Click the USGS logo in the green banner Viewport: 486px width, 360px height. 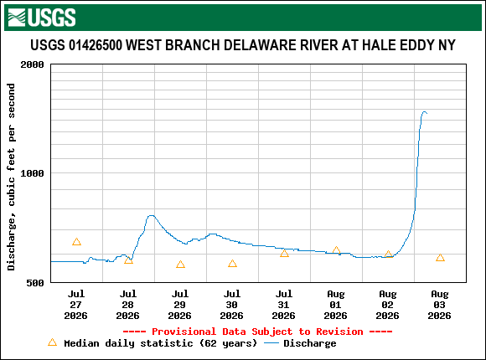[42, 18]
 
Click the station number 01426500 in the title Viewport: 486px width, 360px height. [96, 45]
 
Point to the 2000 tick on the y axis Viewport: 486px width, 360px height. [32, 64]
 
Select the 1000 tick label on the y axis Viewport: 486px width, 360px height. [32, 173]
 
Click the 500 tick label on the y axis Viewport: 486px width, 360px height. [35, 282]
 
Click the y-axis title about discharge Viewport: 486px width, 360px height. [11, 177]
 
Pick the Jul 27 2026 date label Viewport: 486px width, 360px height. [76, 305]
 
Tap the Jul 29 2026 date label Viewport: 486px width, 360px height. [180, 305]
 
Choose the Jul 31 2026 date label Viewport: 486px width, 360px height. [283, 305]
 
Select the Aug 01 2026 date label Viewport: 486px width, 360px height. [336, 305]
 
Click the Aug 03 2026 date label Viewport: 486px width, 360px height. [440, 305]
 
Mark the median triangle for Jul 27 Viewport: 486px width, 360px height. [76, 242]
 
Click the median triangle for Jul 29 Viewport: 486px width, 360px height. [180, 265]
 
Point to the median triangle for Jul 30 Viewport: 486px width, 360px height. [232, 264]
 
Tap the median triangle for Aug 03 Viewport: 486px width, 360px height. [440, 258]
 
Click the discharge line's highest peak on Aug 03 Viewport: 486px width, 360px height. [424, 112]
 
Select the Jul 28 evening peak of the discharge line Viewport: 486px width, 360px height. [152, 216]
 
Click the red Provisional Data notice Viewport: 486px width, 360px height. [257, 332]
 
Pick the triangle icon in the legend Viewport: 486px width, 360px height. [53, 342]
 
